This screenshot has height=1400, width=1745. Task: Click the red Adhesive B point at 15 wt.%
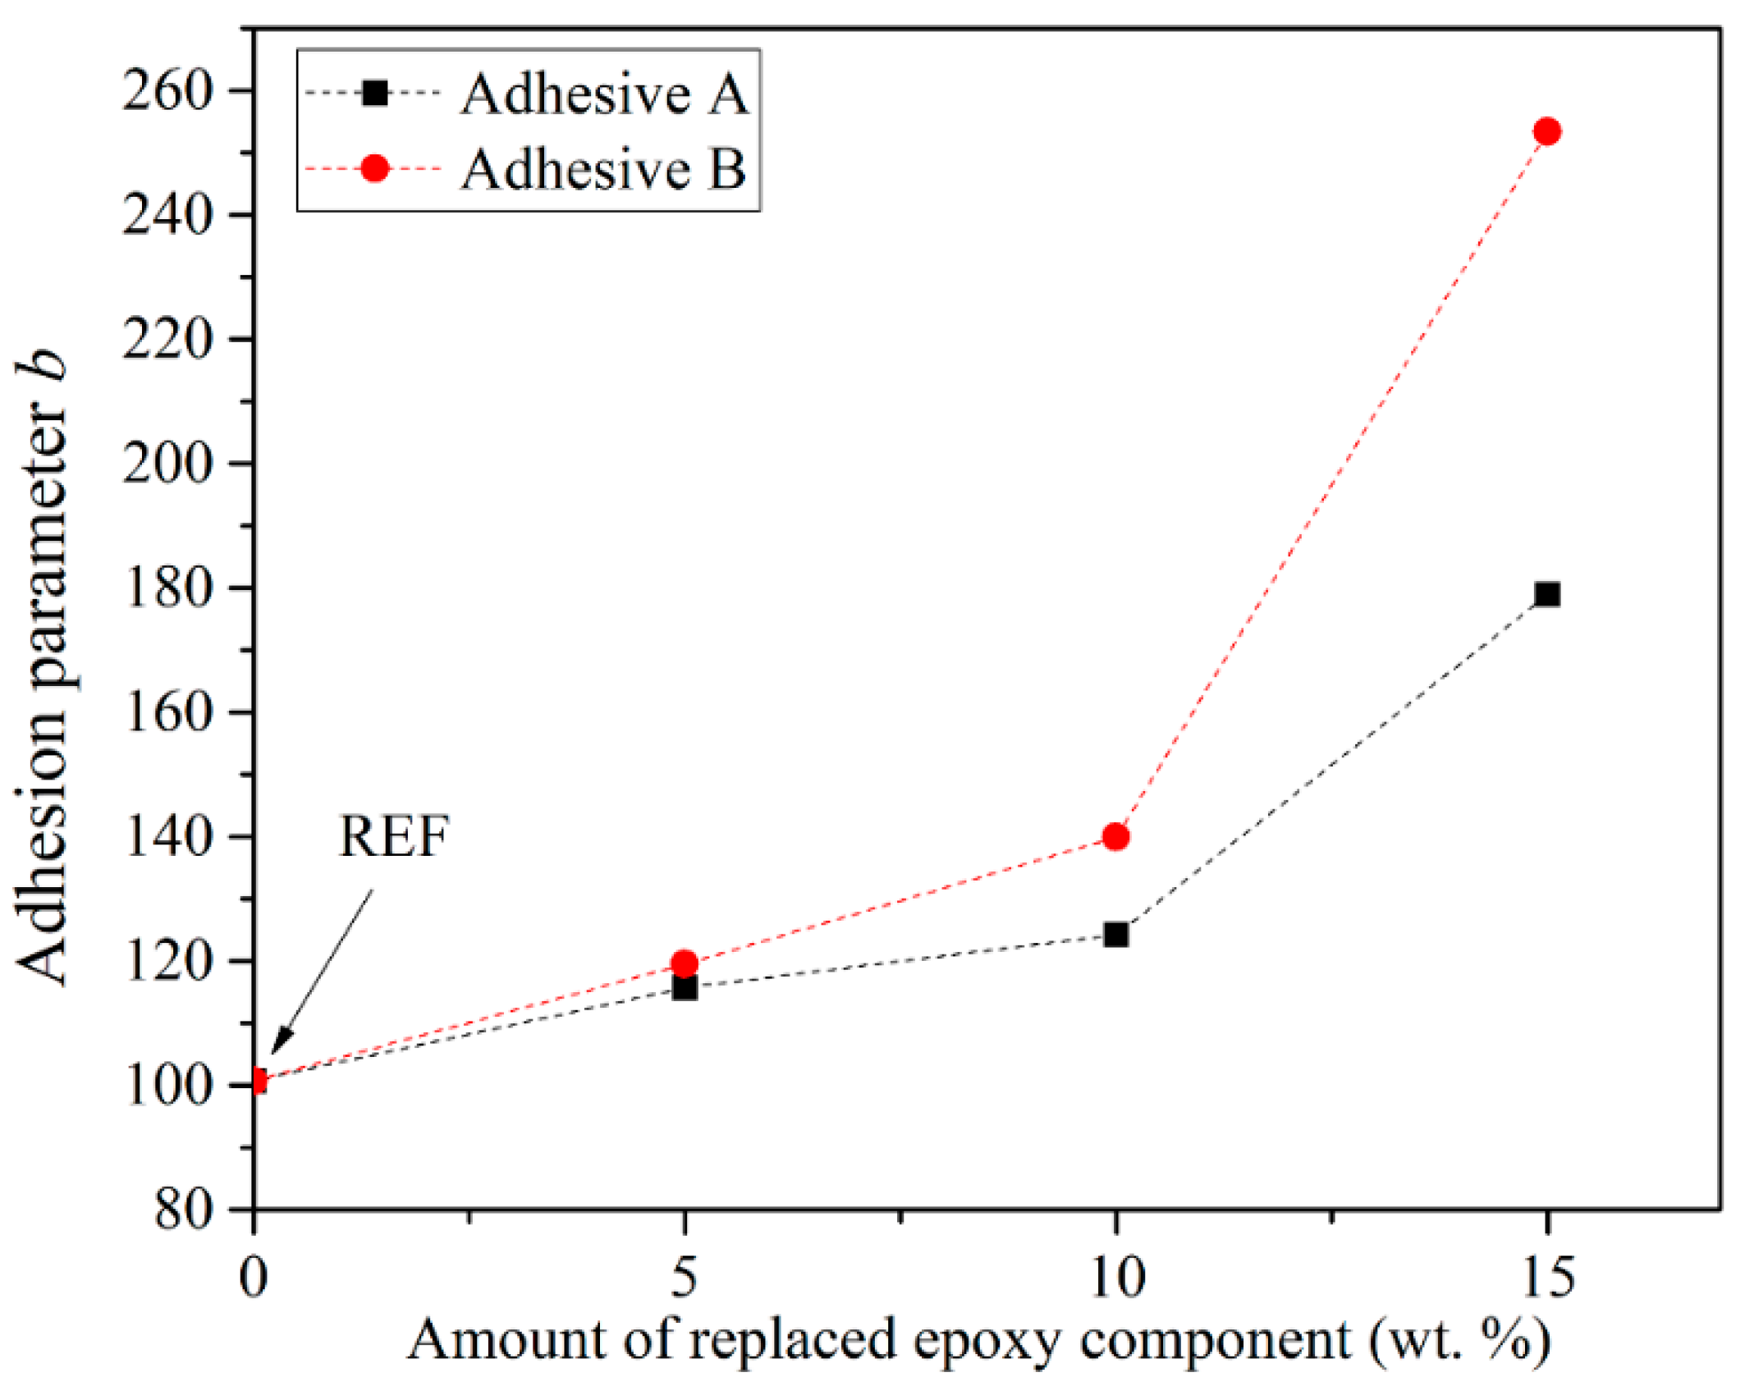click(x=1547, y=131)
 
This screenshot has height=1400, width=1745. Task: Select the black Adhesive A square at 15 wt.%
click(x=1547, y=594)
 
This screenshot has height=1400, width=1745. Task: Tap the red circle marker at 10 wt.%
click(x=1115, y=837)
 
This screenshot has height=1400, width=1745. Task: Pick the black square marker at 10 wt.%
click(x=1115, y=935)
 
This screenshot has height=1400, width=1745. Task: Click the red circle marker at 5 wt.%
click(x=684, y=963)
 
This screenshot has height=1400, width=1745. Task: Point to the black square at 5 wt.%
click(x=684, y=988)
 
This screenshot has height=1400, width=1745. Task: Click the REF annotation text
click(x=394, y=837)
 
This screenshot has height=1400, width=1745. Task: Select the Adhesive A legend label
click(x=605, y=94)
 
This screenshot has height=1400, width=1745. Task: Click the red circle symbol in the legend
click(x=375, y=169)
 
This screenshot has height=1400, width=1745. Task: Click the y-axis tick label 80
click(x=184, y=1210)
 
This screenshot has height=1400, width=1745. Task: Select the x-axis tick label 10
click(x=1116, y=1278)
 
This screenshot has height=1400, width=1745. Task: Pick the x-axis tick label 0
click(x=254, y=1278)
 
